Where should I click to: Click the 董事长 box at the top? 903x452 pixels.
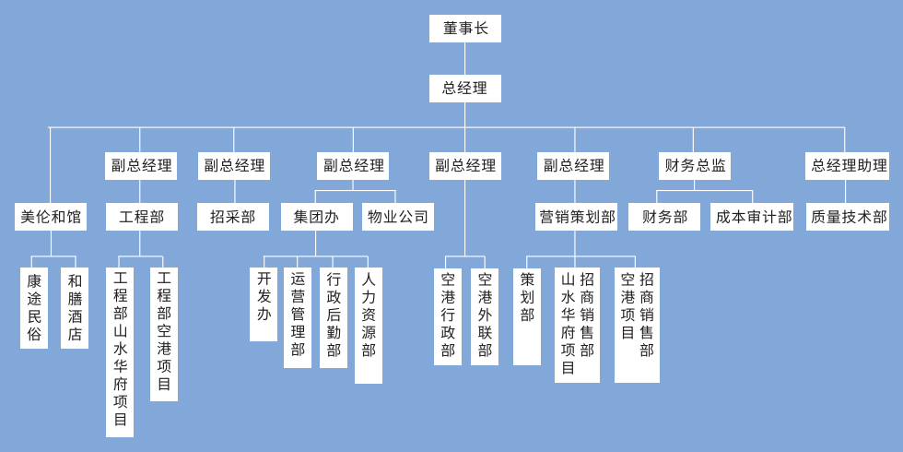click(x=464, y=29)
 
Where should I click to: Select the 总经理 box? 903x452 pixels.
click(x=464, y=89)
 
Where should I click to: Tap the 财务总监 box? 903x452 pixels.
click(x=695, y=166)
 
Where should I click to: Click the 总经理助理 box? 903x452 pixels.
click(x=847, y=166)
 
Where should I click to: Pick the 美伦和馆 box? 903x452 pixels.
click(x=51, y=217)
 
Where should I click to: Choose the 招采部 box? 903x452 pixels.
click(x=232, y=217)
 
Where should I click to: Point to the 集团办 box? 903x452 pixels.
click(x=316, y=217)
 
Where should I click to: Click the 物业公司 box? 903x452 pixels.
click(x=397, y=217)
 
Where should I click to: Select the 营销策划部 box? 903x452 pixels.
click(x=577, y=217)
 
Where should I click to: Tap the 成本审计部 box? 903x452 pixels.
click(x=752, y=217)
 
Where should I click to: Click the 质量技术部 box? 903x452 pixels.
click(x=848, y=217)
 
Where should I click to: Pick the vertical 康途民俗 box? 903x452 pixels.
click(x=34, y=307)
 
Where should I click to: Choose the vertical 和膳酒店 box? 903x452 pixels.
click(x=75, y=307)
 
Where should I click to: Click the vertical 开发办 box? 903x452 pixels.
click(x=264, y=303)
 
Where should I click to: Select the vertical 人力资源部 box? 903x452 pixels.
click(x=369, y=325)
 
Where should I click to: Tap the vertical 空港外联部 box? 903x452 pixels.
click(x=485, y=315)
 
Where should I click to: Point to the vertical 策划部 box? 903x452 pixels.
click(x=527, y=315)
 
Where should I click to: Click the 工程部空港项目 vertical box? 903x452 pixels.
click(x=164, y=334)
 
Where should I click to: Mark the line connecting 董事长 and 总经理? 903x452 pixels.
click(x=464, y=58)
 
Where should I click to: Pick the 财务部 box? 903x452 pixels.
click(x=664, y=217)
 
